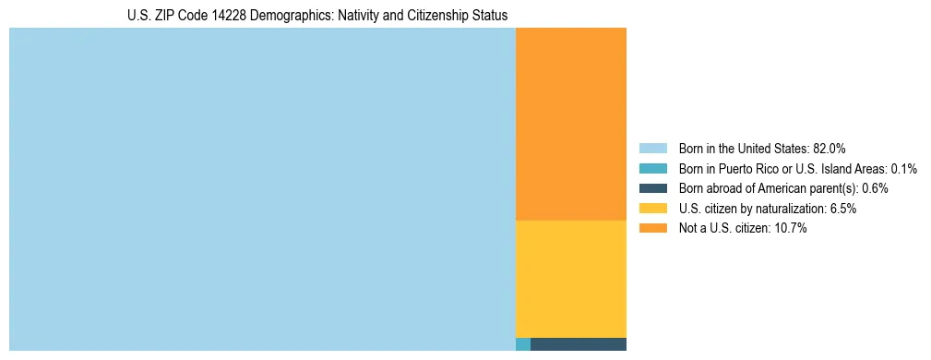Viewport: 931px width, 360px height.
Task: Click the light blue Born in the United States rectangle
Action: [262, 189]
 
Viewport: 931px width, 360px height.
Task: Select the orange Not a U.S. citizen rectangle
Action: [570, 124]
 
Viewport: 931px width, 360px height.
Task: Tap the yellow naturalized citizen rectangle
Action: [570, 279]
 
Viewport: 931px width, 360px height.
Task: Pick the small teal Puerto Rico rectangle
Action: [522, 344]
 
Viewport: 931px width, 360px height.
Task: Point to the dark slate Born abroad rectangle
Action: [579, 344]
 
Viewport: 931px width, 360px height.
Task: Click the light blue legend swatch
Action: [652, 148]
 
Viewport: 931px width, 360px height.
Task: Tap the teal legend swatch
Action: [652, 168]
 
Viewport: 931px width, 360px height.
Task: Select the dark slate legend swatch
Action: [652, 188]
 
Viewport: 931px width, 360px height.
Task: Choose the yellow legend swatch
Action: [652, 209]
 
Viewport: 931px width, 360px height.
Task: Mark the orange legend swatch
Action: [652, 229]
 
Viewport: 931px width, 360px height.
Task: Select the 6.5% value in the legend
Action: [842, 209]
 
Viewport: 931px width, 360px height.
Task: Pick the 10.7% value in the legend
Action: [791, 229]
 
